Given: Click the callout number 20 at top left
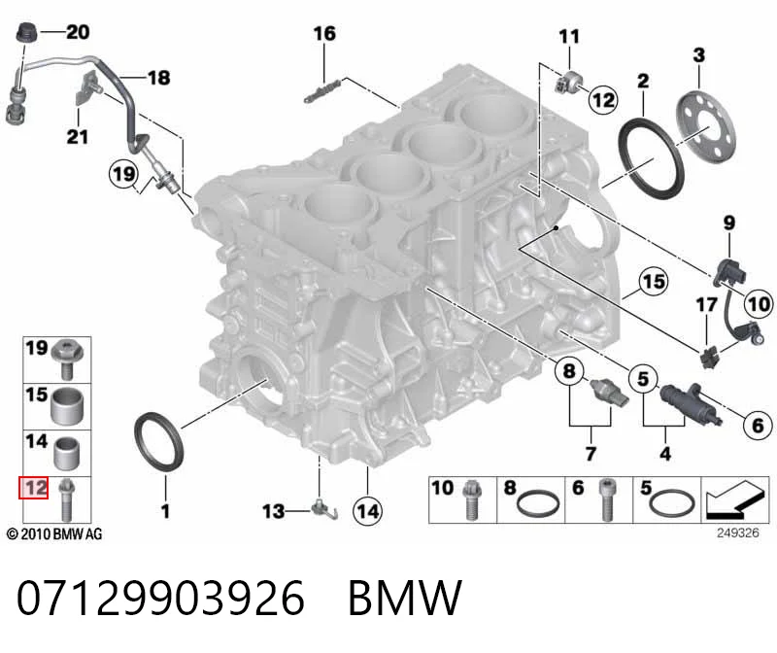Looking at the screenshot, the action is pyautogui.click(x=78, y=32).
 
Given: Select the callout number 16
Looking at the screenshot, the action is pyautogui.click(x=324, y=34).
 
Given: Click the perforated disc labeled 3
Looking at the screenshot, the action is pyautogui.click(x=706, y=127).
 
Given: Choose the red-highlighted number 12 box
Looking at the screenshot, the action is pyautogui.click(x=34, y=488).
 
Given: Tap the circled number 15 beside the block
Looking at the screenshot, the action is pyautogui.click(x=653, y=282).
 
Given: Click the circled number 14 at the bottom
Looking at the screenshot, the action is pyautogui.click(x=368, y=511).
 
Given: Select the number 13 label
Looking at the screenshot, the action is pyautogui.click(x=274, y=511).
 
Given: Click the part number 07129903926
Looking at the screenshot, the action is pyautogui.click(x=160, y=598).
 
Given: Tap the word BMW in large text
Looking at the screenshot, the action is pyautogui.click(x=405, y=598).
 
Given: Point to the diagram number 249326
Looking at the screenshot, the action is pyautogui.click(x=738, y=533).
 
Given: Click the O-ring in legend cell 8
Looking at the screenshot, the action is pyautogui.click(x=538, y=504).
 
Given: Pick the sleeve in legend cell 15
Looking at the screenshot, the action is pyautogui.click(x=68, y=406).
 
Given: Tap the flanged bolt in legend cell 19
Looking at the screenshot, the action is pyautogui.click(x=68, y=360).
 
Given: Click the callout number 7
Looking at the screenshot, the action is pyautogui.click(x=591, y=453).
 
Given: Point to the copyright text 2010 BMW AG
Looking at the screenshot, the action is pyautogui.click(x=54, y=534).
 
